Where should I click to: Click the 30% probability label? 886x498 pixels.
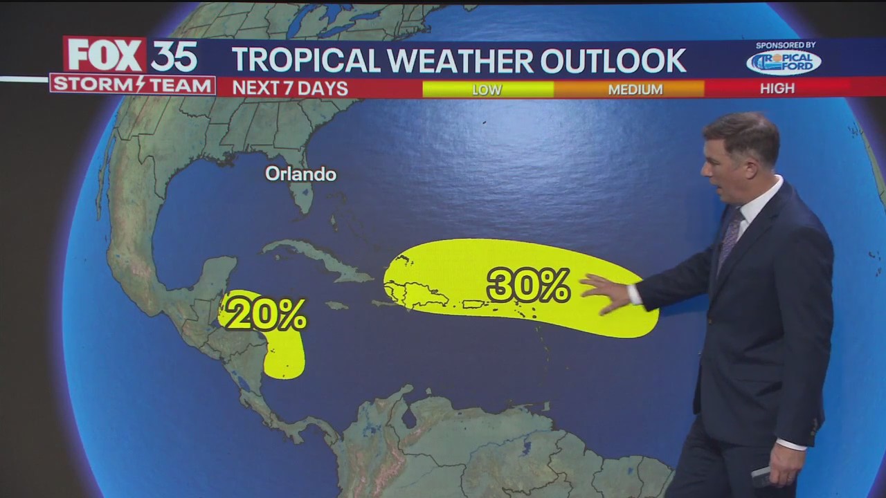click(x=528, y=285)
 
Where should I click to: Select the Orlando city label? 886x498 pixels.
click(x=300, y=174)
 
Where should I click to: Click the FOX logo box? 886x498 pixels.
click(x=104, y=55)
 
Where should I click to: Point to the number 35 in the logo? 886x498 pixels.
click(x=174, y=56)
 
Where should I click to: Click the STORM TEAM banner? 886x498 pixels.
click(x=132, y=85)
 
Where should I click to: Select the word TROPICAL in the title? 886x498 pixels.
click(x=306, y=61)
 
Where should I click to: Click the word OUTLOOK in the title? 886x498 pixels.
click(x=613, y=61)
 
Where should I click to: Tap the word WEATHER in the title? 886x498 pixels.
click(x=460, y=61)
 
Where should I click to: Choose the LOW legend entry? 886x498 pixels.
click(x=487, y=89)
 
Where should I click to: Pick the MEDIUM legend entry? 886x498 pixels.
click(x=635, y=89)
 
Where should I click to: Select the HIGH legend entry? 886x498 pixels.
click(x=777, y=89)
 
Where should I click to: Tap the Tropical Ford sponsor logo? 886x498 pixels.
click(x=784, y=62)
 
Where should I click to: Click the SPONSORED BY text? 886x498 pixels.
click(x=785, y=45)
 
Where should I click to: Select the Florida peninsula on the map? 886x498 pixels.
click(x=301, y=194)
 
